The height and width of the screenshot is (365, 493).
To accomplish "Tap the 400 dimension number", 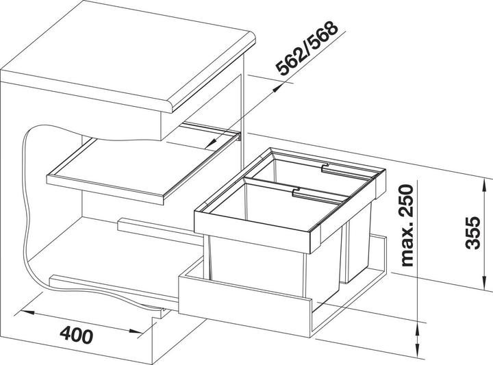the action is click(x=77, y=335).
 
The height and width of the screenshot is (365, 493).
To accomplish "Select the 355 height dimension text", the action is click(x=473, y=233).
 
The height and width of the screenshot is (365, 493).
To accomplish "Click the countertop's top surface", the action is click(x=126, y=50).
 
